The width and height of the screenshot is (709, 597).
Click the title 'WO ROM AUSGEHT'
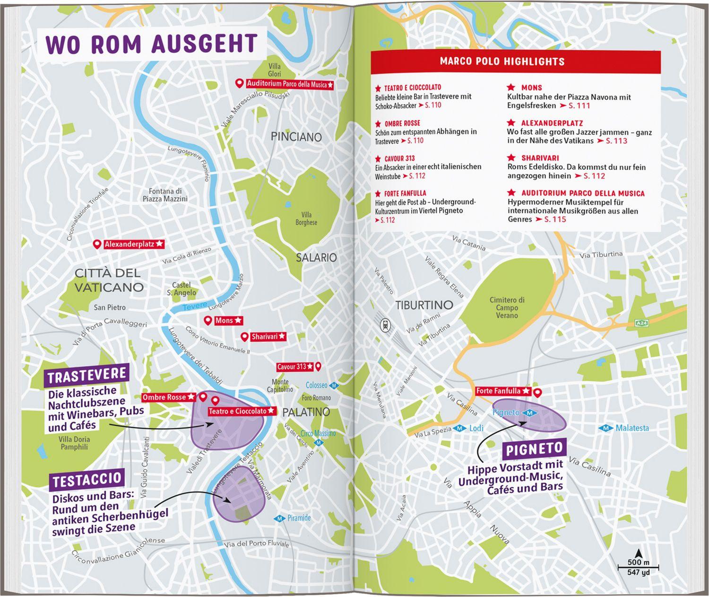click(x=152, y=44)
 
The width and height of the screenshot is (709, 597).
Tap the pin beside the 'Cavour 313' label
click(x=318, y=366)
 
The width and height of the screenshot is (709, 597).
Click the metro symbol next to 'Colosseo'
click(x=334, y=386)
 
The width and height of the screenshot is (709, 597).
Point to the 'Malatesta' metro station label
click(x=632, y=428)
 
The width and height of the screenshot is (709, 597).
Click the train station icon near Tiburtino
click(x=386, y=324)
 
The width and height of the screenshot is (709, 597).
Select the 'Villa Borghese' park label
click(x=306, y=219)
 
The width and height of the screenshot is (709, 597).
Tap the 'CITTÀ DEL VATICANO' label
click(x=108, y=280)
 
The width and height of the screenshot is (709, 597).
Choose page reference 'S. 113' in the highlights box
click(x=616, y=141)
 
